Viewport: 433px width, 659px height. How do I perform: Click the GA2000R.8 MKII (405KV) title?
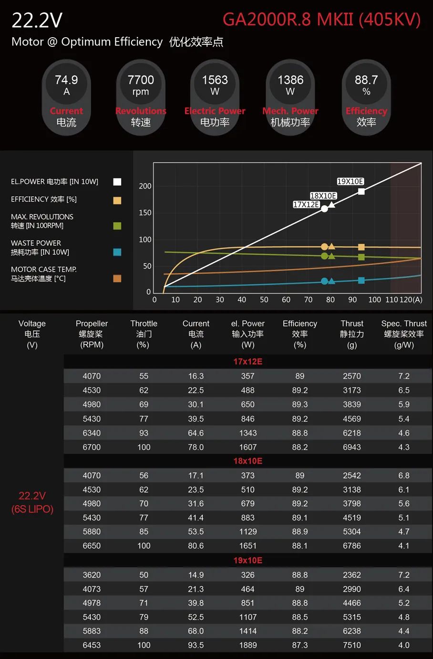[321, 20]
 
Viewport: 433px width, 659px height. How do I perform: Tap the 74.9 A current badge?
[66, 98]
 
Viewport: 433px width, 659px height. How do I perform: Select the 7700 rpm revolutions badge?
[141, 98]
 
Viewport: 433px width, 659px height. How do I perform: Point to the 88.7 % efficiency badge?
[366, 98]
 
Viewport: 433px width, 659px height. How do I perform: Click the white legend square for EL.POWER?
[117, 182]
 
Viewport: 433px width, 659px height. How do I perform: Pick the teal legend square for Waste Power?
[117, 252]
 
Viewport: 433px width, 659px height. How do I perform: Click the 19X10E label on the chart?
[351, 181]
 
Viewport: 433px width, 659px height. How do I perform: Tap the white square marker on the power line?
[361, 191]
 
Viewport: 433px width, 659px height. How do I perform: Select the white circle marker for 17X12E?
[324, 209]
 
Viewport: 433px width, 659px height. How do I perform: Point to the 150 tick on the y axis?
[145, 213]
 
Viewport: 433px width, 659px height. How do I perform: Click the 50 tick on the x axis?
[264, 300]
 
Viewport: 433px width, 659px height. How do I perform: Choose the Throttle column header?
[144, 334]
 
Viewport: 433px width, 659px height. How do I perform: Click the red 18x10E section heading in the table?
[247, 461]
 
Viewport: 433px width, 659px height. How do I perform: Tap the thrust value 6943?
[351, 447]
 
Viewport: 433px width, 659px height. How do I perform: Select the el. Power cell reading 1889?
[247, 645]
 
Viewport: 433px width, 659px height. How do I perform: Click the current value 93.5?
[196, 645]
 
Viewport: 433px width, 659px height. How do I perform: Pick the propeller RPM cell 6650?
[92, 546]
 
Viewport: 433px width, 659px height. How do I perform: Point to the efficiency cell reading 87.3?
[299, 645]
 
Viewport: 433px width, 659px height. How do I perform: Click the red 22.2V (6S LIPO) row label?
[32, 502]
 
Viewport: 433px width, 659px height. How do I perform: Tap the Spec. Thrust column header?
[403, 334]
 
